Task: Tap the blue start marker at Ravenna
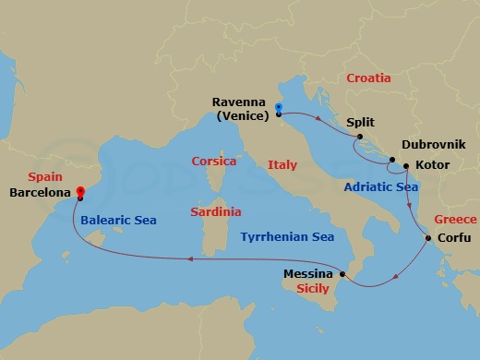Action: (x=278, y=110)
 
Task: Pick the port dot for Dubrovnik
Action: (x=392, y=162)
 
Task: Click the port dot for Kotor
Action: (x=404, y=167)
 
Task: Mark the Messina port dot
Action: (x=342, y=274)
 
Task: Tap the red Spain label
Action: (x=45, y=174)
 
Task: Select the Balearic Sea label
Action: (x=118, y=221)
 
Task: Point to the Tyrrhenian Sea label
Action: (x=287, y=237)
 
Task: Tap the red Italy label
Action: (x=282, y=165)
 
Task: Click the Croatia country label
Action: (x=368, y=78)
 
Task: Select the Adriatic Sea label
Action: (x=380, y=186)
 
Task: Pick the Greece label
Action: (x=455, y=220)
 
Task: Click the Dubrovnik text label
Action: (x=434, y=146)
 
